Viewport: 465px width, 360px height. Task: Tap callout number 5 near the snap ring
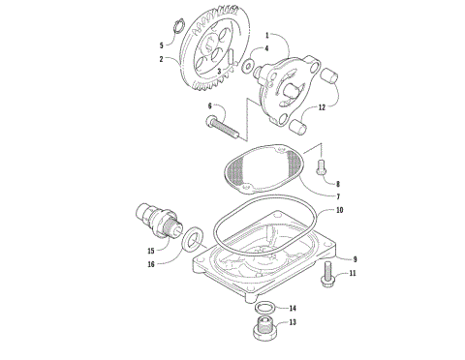click(161, 45)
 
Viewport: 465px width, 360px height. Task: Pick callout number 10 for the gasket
click(339, 210)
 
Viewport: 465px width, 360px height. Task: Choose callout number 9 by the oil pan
click(356, 259)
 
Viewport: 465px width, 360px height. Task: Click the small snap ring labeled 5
click(178, 26)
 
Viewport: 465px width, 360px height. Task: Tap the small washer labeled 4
click(250, 66)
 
